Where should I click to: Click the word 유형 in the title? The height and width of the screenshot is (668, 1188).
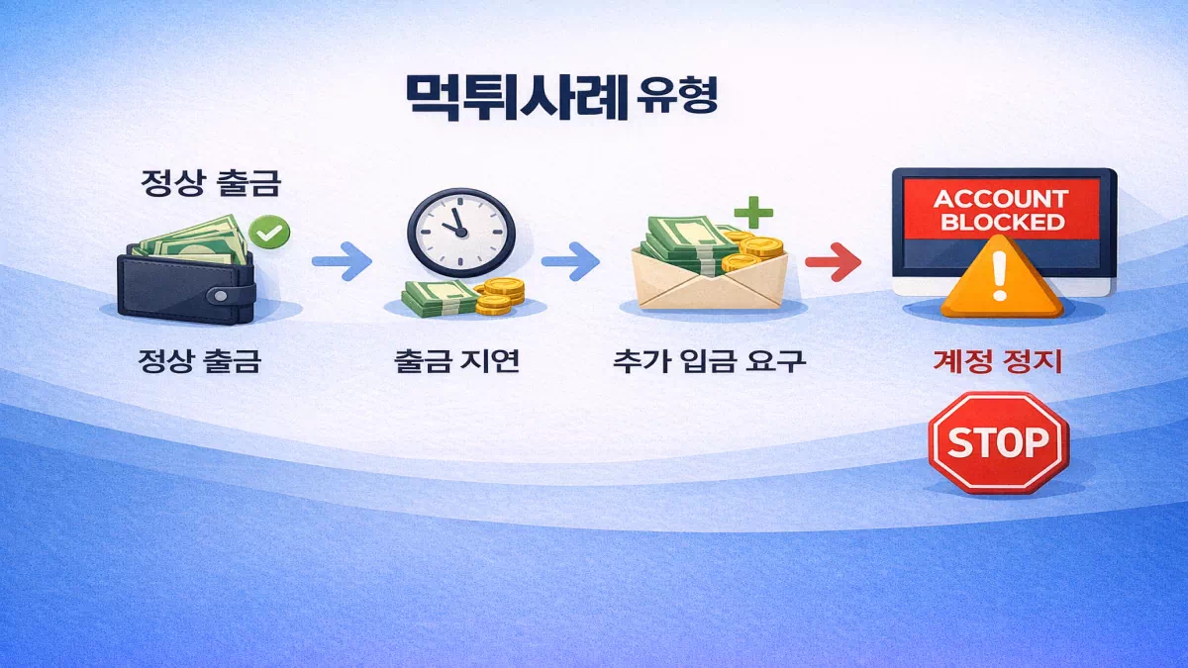click(677, 97)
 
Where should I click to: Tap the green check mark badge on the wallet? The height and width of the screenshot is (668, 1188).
click(268, 234)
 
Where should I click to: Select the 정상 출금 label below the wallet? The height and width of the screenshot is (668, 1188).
click(199, 360)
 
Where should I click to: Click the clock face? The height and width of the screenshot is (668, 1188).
click(460, 231)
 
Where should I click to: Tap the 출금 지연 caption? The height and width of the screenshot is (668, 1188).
click(455, 360)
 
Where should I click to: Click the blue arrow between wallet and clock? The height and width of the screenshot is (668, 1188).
click(342, 262)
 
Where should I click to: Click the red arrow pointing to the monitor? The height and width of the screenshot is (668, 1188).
click(832, 262)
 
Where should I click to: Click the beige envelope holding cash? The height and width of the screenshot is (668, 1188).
click(709, 283)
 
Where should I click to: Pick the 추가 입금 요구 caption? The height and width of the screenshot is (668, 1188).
click(709, 360)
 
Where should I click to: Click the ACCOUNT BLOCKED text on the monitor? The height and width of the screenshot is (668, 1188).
click(1001, 210)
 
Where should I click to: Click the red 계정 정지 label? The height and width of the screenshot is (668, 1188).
click(997, 360)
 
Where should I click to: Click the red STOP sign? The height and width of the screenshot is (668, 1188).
click(998, 441)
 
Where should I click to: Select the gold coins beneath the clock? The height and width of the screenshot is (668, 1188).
click(499, 295)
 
